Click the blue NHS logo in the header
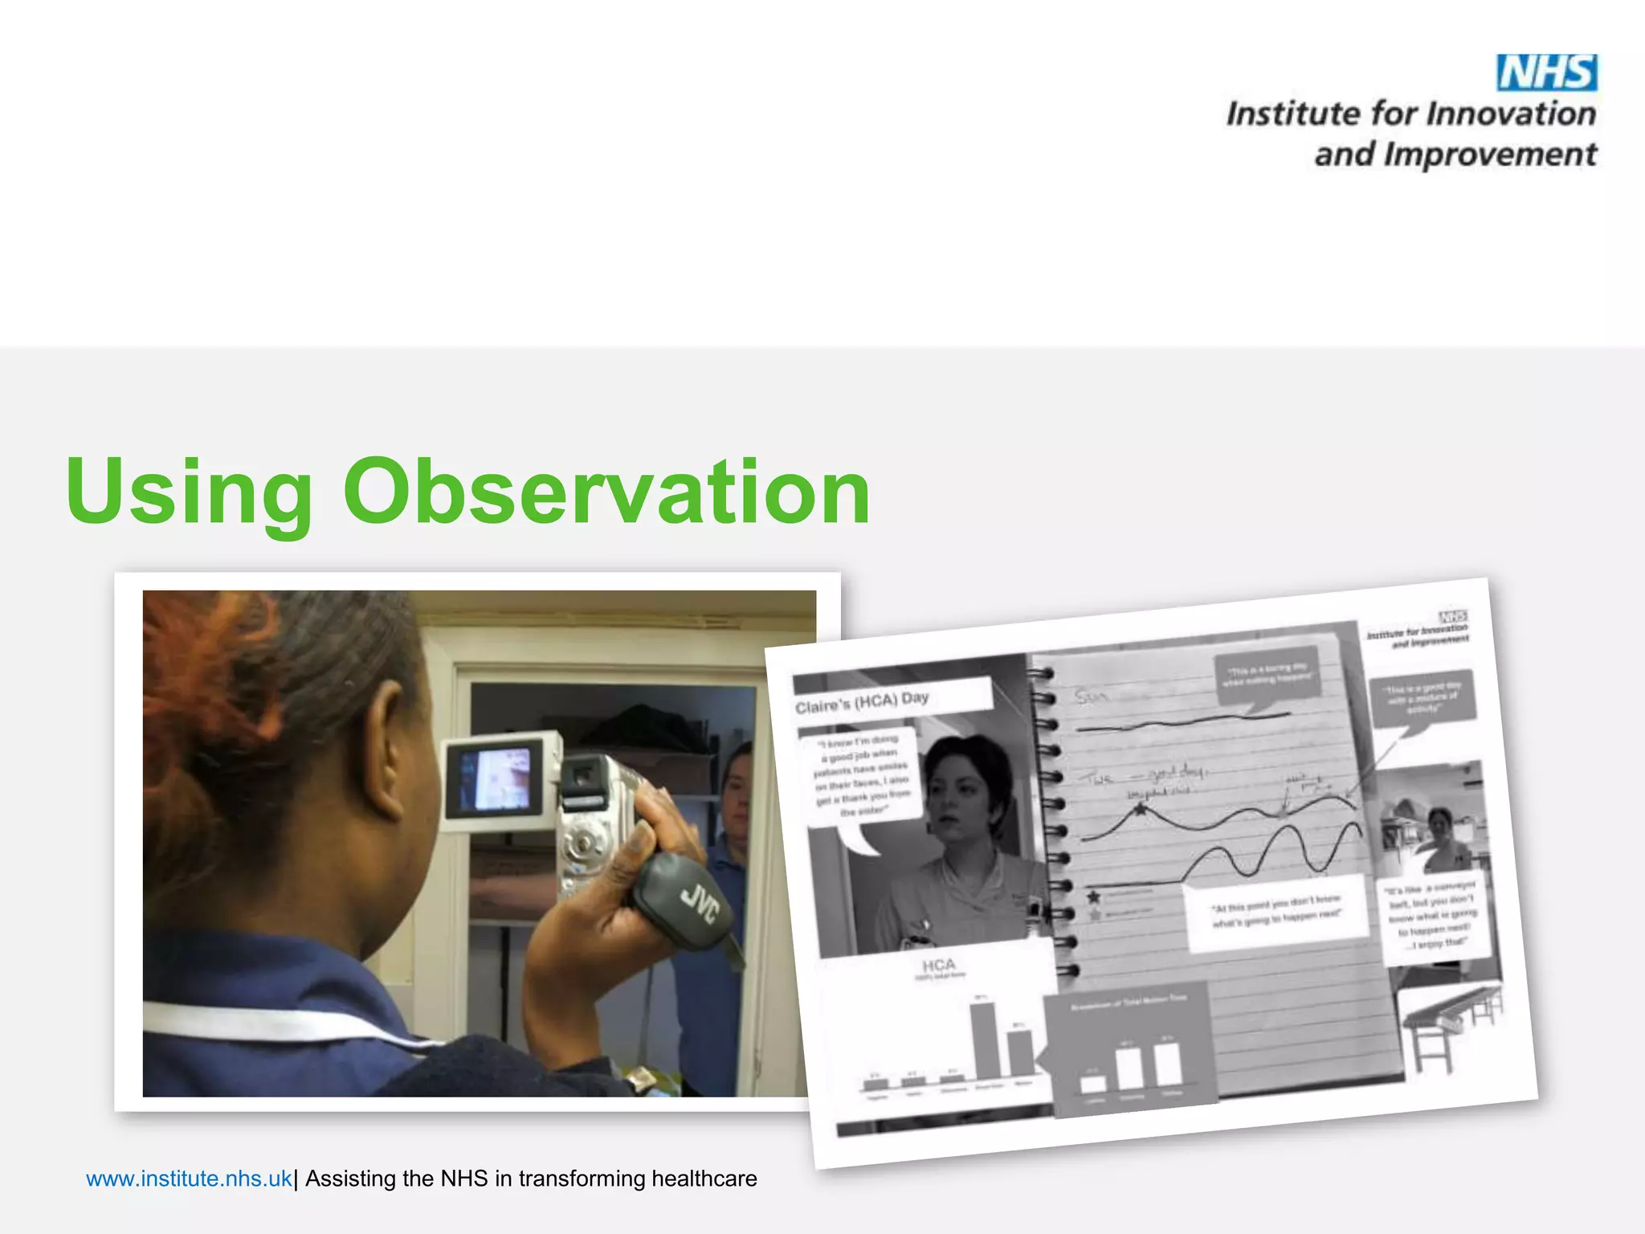click(x=1546, y=73)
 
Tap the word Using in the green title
click(x=189, y=492)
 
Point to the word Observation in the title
click(x=606, y=492)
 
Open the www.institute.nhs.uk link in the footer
click(x=189, y=1179)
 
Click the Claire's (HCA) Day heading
click(x=863, y=702)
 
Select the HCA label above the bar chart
click(x=938, y=964)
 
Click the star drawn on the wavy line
click(x=1139, y=810)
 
